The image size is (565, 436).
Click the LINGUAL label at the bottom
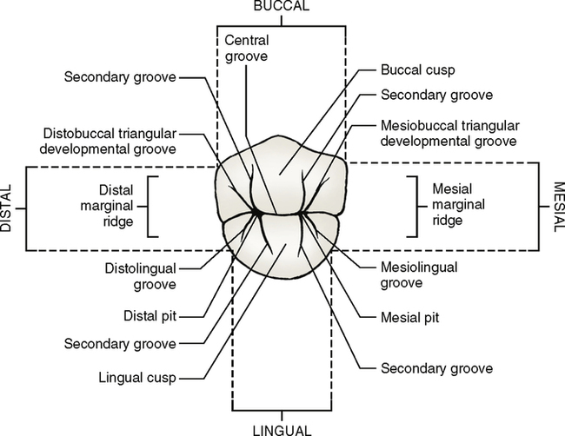coord(282,429)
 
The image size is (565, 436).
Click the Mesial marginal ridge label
coord(460,204)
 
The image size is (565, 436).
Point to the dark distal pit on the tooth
coord(258,210)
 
